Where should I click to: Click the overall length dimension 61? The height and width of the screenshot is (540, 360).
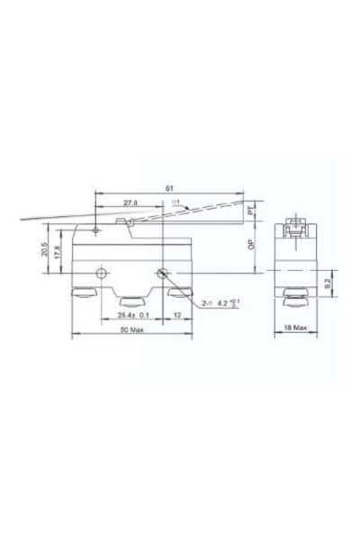click(169, 188)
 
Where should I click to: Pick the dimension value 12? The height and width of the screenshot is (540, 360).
click(177, 315)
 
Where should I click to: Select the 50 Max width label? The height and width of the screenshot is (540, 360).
click(131, 330)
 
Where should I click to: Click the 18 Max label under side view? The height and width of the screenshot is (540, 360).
click(294, 329)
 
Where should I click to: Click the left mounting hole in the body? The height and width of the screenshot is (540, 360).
click(104, 272)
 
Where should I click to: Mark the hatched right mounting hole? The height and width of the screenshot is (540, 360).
click(163, 274)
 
